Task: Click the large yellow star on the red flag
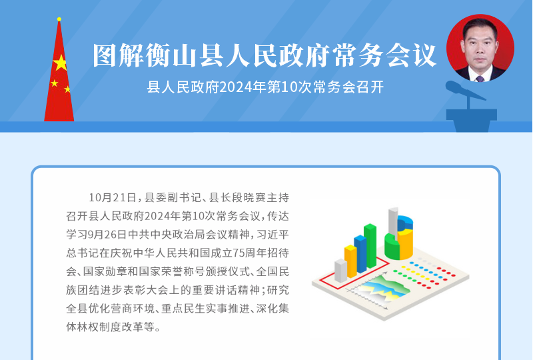coord(60,63)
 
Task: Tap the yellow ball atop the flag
coord(59,19)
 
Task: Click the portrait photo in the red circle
coord(480,48)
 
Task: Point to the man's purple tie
coord(480,79)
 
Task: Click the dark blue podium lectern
coord(472,120)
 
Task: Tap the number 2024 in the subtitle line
coord(235,87)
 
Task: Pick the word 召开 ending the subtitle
coord(370,87)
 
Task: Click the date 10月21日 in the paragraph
coord(113,197)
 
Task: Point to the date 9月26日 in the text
coord(107,235)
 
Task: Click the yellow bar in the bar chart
coord(350,261)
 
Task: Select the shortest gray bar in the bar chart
coord(341,271)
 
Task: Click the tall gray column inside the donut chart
coord(393,223)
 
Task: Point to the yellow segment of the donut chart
coord(405,243)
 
